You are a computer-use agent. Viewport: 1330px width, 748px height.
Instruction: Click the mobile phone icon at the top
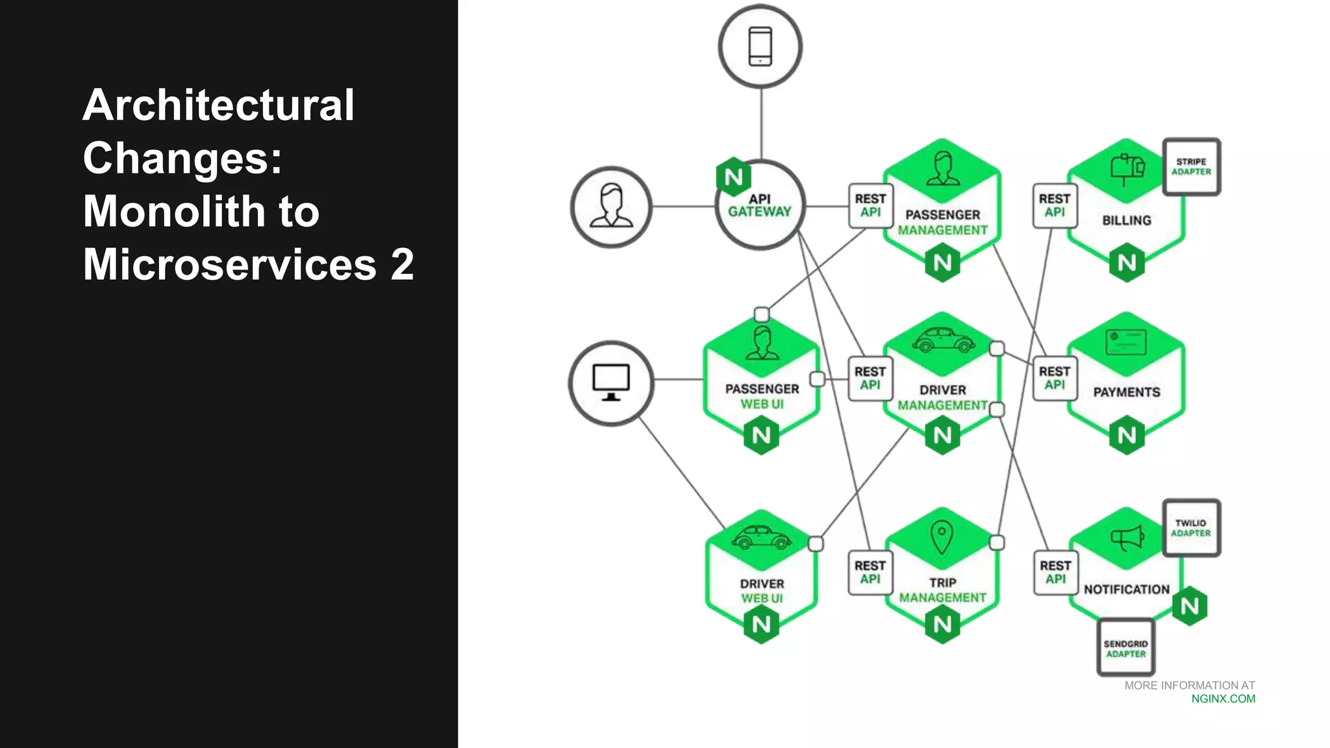click(x=760, y=47)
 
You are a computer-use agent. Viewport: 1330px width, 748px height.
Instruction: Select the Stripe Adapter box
click(x=1191, y=167)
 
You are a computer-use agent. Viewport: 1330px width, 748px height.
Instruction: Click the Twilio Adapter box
click(x=1191, y=528)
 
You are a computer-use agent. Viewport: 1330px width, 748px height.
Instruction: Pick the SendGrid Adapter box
click(x=1125, y=648)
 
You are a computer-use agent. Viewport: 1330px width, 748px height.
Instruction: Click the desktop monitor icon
click(x=611, y=382)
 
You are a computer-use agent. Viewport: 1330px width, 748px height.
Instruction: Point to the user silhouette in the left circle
click(x=611, y=206)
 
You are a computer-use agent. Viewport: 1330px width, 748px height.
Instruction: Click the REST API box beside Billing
click(x=1055, y=206)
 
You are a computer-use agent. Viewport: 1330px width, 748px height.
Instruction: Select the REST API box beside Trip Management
click(x=870, y=572)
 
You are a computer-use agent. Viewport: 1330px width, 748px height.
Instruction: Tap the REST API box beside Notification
click(x=1055, y=572)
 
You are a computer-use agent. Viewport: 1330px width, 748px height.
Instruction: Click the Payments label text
click(x=1126, y=392)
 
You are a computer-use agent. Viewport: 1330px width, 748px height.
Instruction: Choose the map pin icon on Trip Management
click(x=942, y=537)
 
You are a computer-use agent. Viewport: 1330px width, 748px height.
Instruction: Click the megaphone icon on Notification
click(x=1127, y=538)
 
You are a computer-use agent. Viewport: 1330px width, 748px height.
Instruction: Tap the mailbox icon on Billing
click(x=1127, y=169)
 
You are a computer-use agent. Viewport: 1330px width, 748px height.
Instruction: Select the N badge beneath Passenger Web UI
click(x=761, y=436)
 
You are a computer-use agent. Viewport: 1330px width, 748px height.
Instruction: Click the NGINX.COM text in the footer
click(x=1223, y=699)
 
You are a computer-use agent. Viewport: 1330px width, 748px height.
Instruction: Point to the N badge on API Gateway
click(x=734, y=177)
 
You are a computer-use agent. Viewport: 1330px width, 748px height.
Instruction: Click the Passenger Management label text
click(x=942, y=222)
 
